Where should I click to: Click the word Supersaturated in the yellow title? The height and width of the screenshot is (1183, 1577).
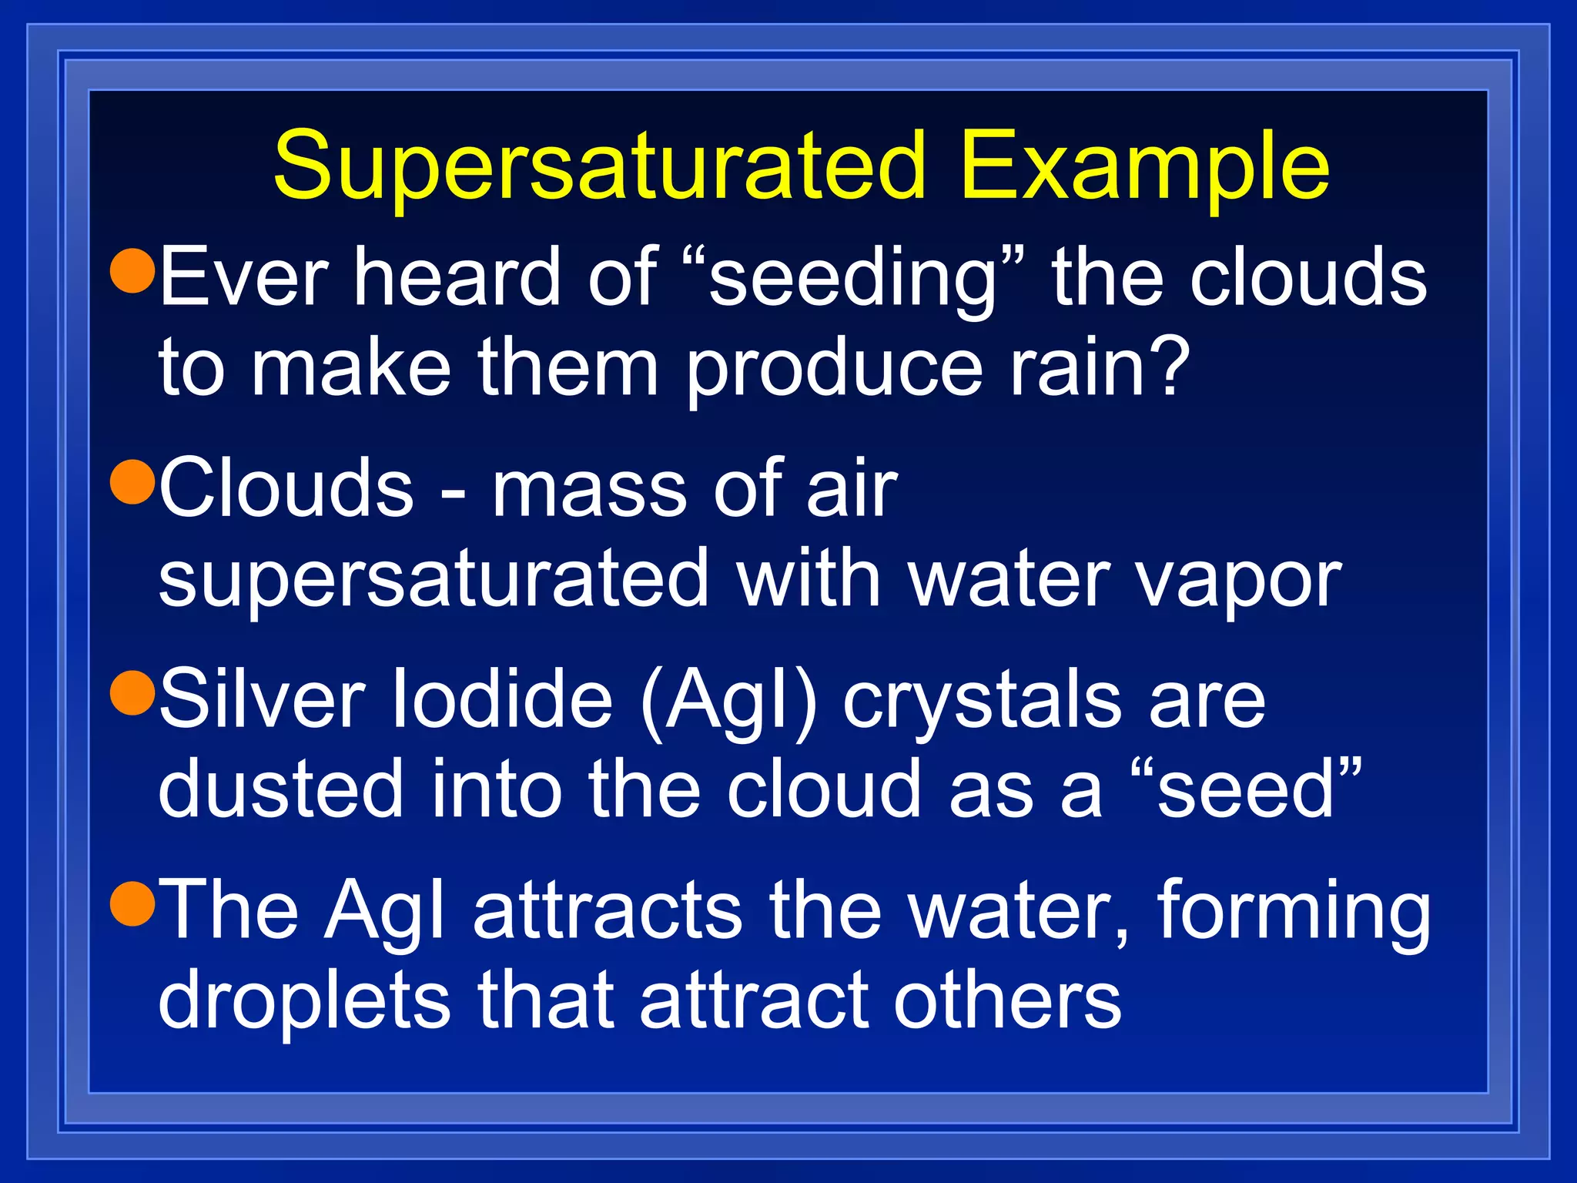click(x=599, y=166)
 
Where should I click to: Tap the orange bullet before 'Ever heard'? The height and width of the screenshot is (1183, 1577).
click(x=134, y=270)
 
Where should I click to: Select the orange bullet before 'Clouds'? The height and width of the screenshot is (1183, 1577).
click(x=134, y=481)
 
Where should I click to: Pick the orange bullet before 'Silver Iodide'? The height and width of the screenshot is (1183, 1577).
click(x=134, y=692)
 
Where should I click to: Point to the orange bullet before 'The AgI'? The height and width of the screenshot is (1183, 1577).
click(x=134, y=903)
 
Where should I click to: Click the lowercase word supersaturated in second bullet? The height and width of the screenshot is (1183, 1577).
click(x=433, y=581)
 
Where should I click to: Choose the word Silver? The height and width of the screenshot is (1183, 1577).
click(x=262, y=699)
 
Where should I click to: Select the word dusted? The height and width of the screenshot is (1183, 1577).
click(x=280, y=789)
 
